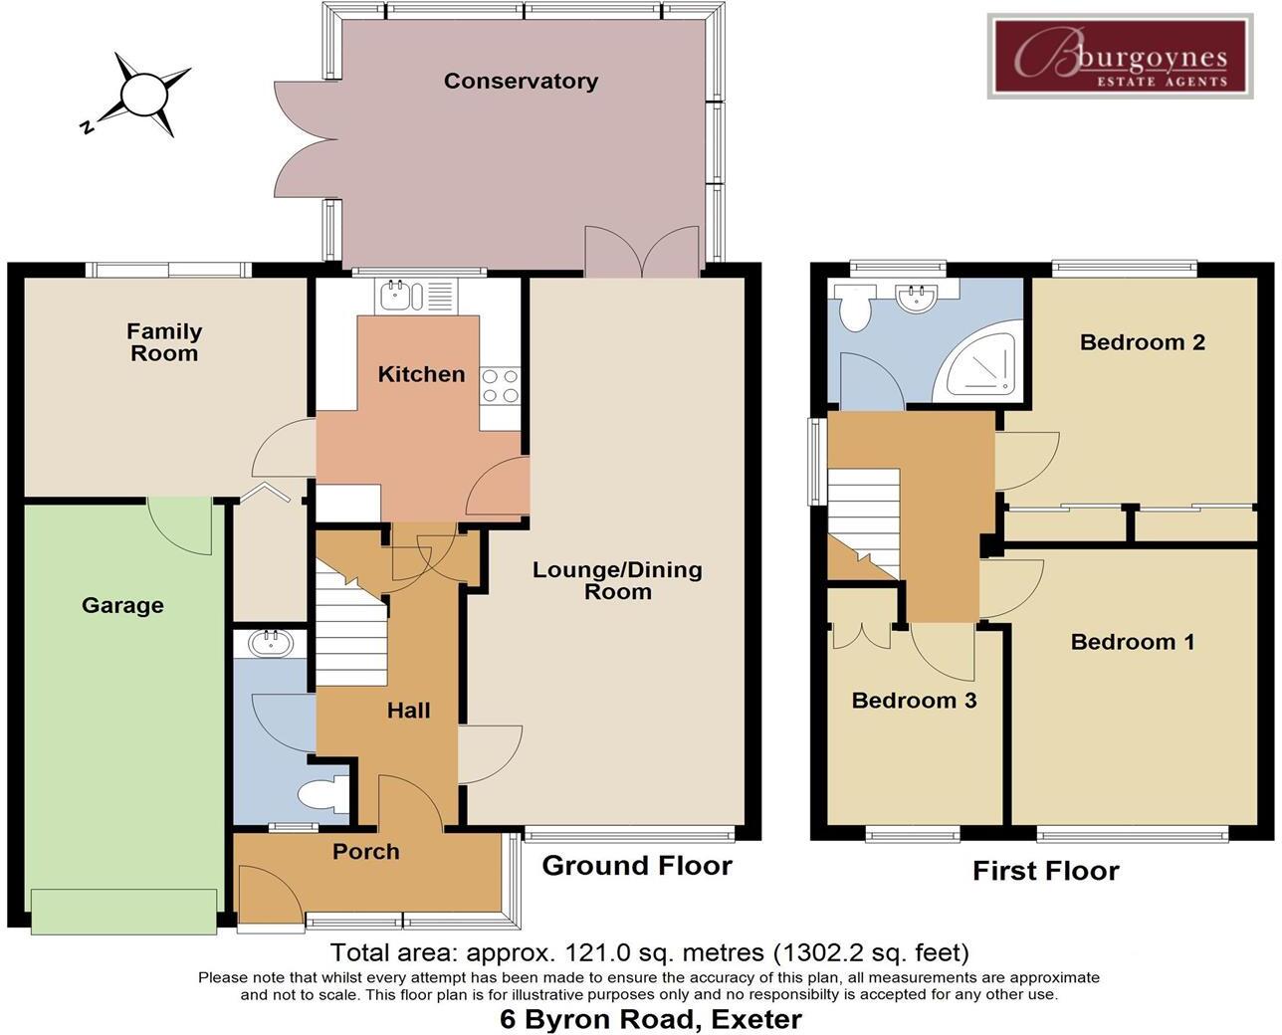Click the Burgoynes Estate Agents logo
[1120, 56]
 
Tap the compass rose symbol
[140, 96]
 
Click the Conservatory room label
[521, 82]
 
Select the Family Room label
[164, 342]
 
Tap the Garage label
[122, 605]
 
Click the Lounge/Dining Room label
[617, 581]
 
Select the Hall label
[408, 711]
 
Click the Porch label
[366, 852]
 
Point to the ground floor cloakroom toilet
[321, 795]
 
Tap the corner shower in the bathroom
[983, 364]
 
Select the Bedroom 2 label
[1142, 343]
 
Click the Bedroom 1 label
[1132, 642]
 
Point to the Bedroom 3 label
[914, 701]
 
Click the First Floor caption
[1045, 872]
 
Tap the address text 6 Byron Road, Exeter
[650, 1019]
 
